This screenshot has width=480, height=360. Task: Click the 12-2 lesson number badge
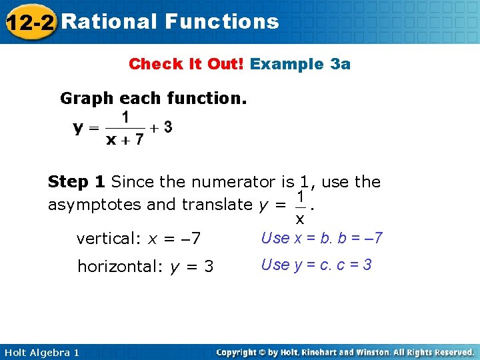pyautogui.click(x=29, y=21)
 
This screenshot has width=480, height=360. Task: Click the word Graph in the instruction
pyautogui.click(x=87, y=99)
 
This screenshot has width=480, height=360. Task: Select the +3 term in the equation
pyautogui.click(x=164, y=127)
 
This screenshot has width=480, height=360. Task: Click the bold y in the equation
pyautogui.click(x=78, y=127)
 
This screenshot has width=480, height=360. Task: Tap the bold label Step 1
pyautogui.click(x=77, y=181)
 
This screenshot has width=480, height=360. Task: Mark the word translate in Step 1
pyautogui.click(x=211, y=204)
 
